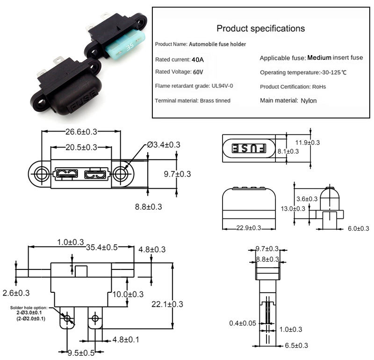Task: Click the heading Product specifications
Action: click(x=261, y=28)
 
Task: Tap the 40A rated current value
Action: click(x=198, y=60)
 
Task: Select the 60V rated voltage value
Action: click(x=198, y=72)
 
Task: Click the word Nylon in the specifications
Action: click(x=309, y=100)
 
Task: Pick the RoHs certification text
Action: click(x=318, y=86)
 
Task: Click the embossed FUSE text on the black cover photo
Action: click(x=84, y=99)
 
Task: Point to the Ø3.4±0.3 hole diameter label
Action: click(x=163, y=145)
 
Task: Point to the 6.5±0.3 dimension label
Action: click(x=297, y=346)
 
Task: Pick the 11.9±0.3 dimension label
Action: click(x=308, y=142)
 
